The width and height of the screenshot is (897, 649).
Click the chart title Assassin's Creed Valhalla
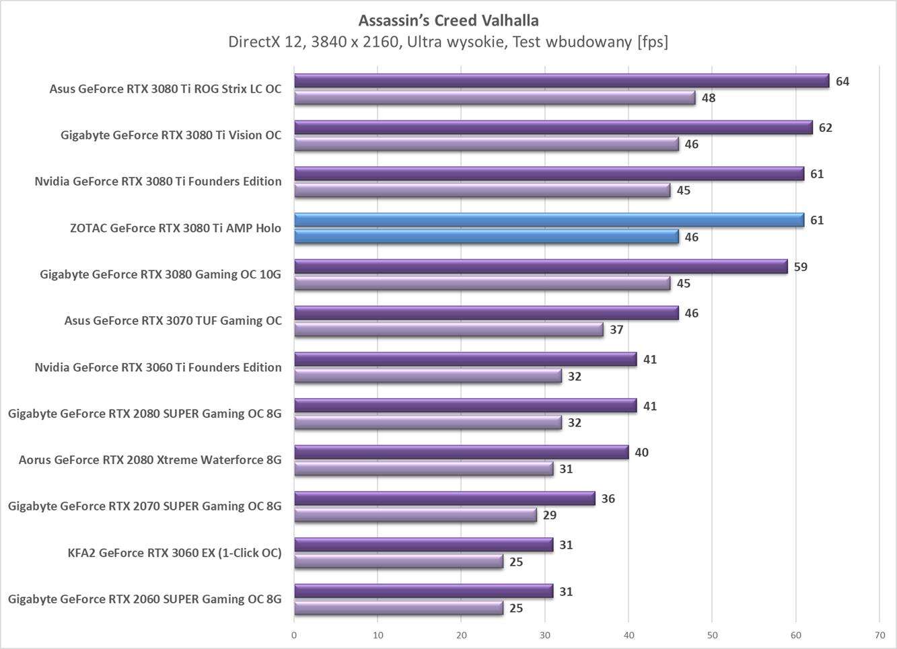(448, 20)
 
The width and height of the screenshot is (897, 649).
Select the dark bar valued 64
(561, 81)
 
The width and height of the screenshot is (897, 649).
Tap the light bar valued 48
(495, 98)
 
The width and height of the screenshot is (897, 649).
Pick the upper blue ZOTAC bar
(549, 221)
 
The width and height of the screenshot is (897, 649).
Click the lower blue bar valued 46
(486, 237)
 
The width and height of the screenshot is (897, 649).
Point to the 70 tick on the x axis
(880, 635)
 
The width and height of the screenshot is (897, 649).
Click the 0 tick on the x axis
(294, 635)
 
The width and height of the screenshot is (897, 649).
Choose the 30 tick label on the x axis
(545, 635)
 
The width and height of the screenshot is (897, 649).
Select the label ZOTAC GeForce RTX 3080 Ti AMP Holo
(175, 228)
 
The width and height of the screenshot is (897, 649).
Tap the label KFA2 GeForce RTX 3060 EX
(174, 553)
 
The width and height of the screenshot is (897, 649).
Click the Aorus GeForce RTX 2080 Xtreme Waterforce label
(150, 460)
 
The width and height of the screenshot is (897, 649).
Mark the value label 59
(800, 267)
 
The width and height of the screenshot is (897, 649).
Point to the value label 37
(616, 330)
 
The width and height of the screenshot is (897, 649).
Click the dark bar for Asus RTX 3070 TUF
(486, 313)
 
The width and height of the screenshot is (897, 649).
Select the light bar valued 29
(415, 516)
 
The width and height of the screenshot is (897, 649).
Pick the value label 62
(825, 128)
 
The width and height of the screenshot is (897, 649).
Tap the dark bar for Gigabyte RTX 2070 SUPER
(444, 499)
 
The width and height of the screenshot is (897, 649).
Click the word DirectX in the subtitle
(252, 42)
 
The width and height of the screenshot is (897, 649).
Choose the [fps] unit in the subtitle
(652, 42)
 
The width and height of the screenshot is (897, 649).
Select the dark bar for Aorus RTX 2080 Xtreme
(461, 453)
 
